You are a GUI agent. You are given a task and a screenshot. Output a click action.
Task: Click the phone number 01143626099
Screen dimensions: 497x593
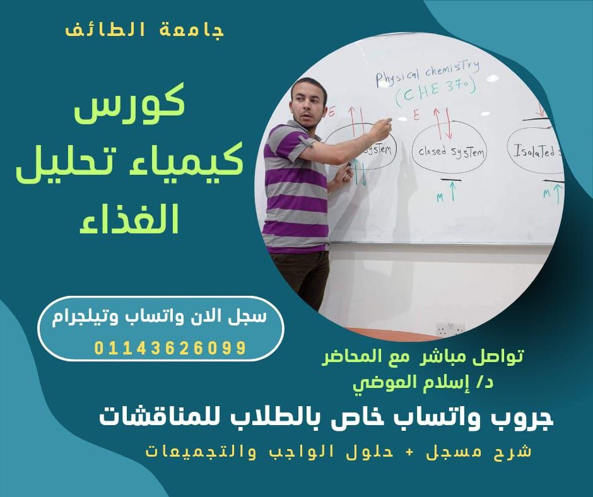(170, 348)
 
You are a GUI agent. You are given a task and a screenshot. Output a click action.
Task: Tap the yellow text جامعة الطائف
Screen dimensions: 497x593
(145, 30)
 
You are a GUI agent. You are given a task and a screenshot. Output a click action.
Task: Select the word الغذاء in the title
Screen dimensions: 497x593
(129, 221)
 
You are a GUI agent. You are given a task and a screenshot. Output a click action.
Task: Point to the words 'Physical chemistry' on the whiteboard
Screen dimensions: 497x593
(427, 72)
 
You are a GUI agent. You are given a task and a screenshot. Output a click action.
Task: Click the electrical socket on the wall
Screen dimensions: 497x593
(450, 328)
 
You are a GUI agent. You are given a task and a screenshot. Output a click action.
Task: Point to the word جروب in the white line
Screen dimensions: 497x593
(517, 418)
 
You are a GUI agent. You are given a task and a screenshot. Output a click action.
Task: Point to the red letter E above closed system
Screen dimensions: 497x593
(416, 115)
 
